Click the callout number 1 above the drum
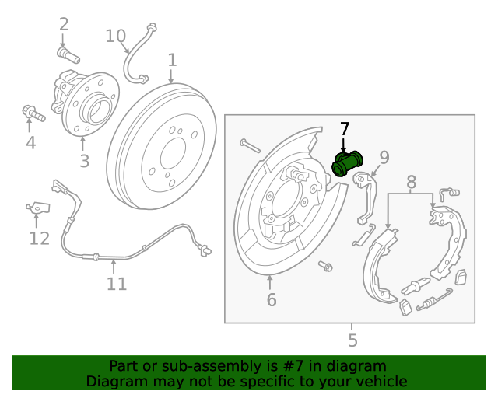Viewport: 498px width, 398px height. coord(172,60)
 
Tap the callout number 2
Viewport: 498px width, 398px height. coord(64,25)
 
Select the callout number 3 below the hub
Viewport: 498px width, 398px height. coord(84,161)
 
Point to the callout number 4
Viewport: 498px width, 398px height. coord(30,142)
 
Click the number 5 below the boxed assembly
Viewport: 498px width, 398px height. coord(352,340)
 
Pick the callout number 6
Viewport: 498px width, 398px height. coord(271,299)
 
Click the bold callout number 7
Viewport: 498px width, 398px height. coord(345,129)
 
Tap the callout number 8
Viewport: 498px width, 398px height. coord(411,183)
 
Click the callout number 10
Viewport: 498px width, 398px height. coord(115,35)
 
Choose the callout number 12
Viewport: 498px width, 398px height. coord(39,239)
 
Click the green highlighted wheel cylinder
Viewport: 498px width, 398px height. coord(348,163)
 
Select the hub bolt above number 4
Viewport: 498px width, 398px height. coord(33,114)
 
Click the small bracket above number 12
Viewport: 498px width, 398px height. coord(37,207)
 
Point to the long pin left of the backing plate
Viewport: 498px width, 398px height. coord(248,145)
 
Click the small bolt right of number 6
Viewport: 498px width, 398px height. coord(326,267)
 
